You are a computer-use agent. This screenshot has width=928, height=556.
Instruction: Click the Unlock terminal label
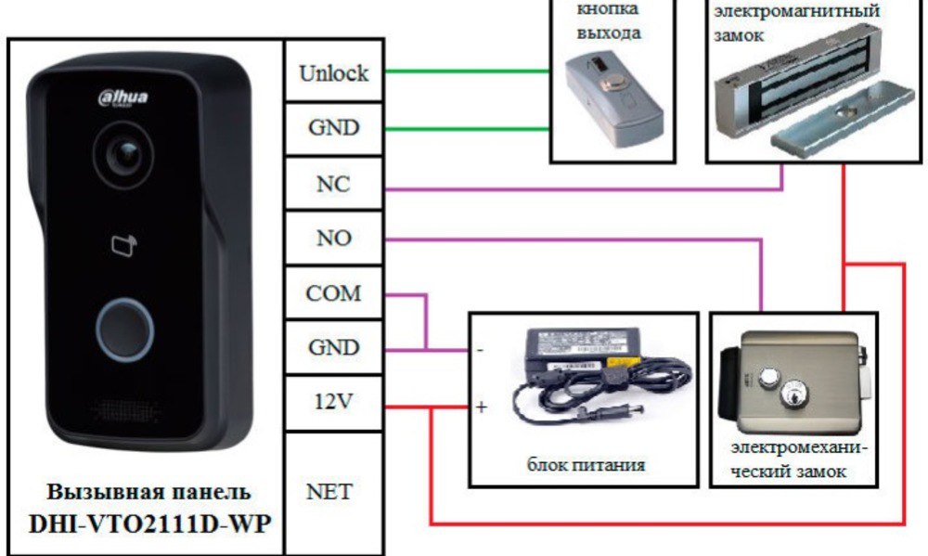tap(334, 72)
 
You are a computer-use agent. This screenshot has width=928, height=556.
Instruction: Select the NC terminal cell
tap(334, 184)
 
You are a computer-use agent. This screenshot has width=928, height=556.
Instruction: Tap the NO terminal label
tap(334, 238)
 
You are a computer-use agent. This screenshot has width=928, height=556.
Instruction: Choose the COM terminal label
tap(333, 293)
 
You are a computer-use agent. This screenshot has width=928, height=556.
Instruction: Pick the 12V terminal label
tap(334, 402)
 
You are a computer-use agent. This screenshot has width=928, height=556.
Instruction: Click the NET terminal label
tap(329, 491)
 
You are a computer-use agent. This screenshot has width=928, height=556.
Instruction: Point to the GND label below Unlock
tap(334, 127)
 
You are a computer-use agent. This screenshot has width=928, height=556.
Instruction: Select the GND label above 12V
tap(334, 347)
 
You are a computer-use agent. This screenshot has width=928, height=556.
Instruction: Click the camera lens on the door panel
tap(123, 155)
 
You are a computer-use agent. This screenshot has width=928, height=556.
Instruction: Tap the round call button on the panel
tap(125, 330)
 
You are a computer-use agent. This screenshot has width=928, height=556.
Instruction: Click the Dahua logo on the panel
tap(123, 97)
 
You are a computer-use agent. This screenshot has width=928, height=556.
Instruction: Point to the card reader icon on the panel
tap(124, 245)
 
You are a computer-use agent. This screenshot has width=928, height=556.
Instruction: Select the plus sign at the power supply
tap(482, 407)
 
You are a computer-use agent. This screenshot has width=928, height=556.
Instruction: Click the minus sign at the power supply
tap(480, 351)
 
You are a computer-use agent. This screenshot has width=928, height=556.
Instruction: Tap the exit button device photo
tap(613, 100)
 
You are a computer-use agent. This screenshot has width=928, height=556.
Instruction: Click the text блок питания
tap(586, 465)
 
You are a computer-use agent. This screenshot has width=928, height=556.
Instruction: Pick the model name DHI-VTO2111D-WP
tap(149, 524)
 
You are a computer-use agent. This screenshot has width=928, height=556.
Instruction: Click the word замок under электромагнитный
tap(739, 35)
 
